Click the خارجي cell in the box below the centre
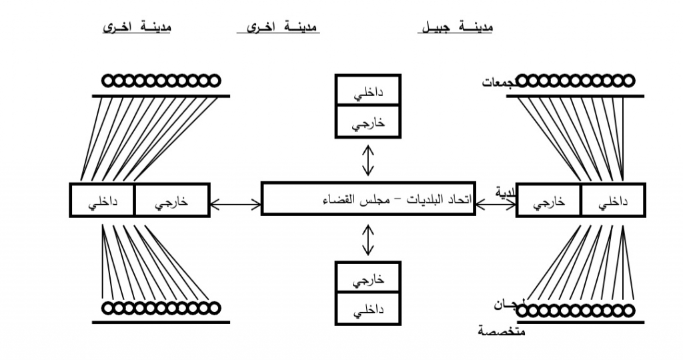[x=367, y=280]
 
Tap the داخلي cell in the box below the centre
[x=367, y=311]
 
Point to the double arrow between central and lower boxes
[x=367, y=239]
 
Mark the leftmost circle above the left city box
[x=108, y=81]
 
